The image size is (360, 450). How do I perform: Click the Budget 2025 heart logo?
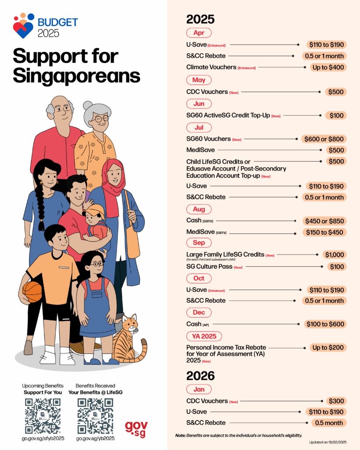click(23, 25)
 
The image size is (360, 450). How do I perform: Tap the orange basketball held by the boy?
click(32, 291)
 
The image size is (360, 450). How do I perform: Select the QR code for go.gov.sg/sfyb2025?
click(43, 416)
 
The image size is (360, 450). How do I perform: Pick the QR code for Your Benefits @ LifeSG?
click(95, 416)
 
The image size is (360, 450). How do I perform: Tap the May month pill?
click(199, 80)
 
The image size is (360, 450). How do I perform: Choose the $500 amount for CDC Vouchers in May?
click(336, 92)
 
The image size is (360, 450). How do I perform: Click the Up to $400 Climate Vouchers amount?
click(326, 67)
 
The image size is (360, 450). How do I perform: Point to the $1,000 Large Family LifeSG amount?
click(335, 254)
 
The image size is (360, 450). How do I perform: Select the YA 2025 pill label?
click(204, 336)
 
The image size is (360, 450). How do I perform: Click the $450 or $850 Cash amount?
click(324, 221)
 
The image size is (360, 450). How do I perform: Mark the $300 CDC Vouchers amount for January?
click(336, 401)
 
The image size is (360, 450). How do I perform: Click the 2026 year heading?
click(200, 376)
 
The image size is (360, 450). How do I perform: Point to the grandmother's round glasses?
click(101, 119)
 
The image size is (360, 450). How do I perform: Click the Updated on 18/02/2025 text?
click(328, 442)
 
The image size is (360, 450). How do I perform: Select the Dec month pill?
click(199, 312)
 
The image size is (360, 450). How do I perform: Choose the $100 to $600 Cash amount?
click(325, 324)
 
